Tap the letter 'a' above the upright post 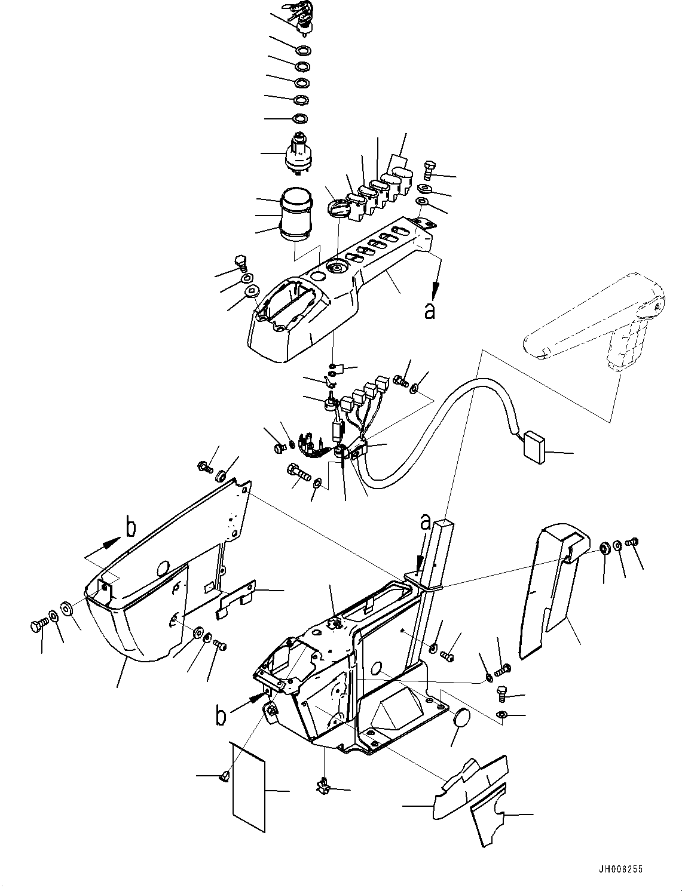tap(425, 523)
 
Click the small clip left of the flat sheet tap(224, 776)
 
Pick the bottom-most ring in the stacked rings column tap(300, 119)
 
